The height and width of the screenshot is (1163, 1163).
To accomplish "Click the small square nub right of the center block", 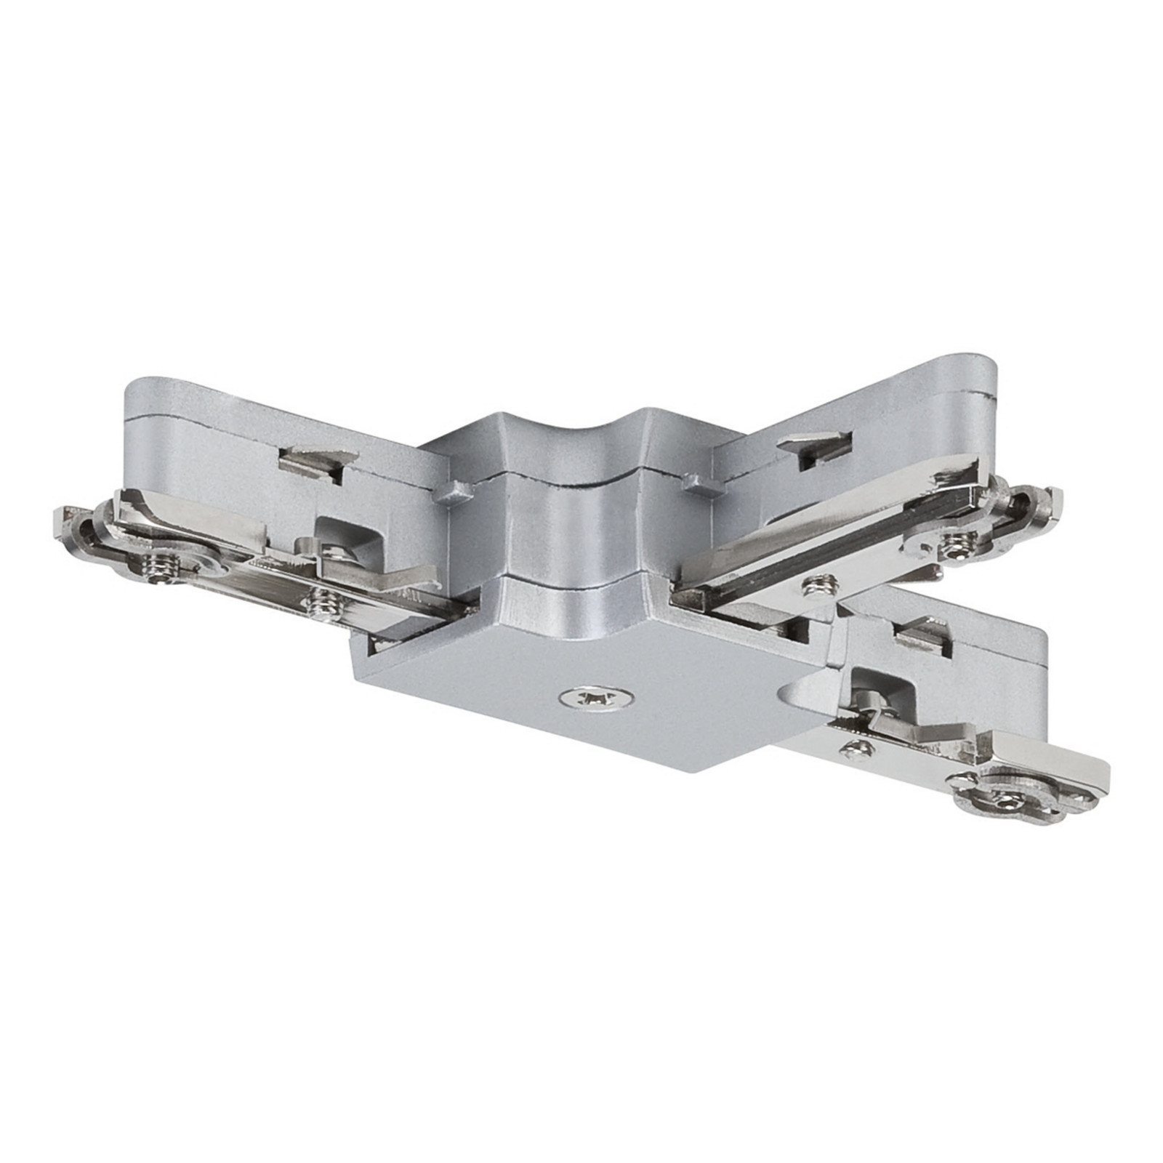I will [693, 482].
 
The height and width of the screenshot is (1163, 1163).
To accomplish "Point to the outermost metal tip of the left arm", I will [62, 520].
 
